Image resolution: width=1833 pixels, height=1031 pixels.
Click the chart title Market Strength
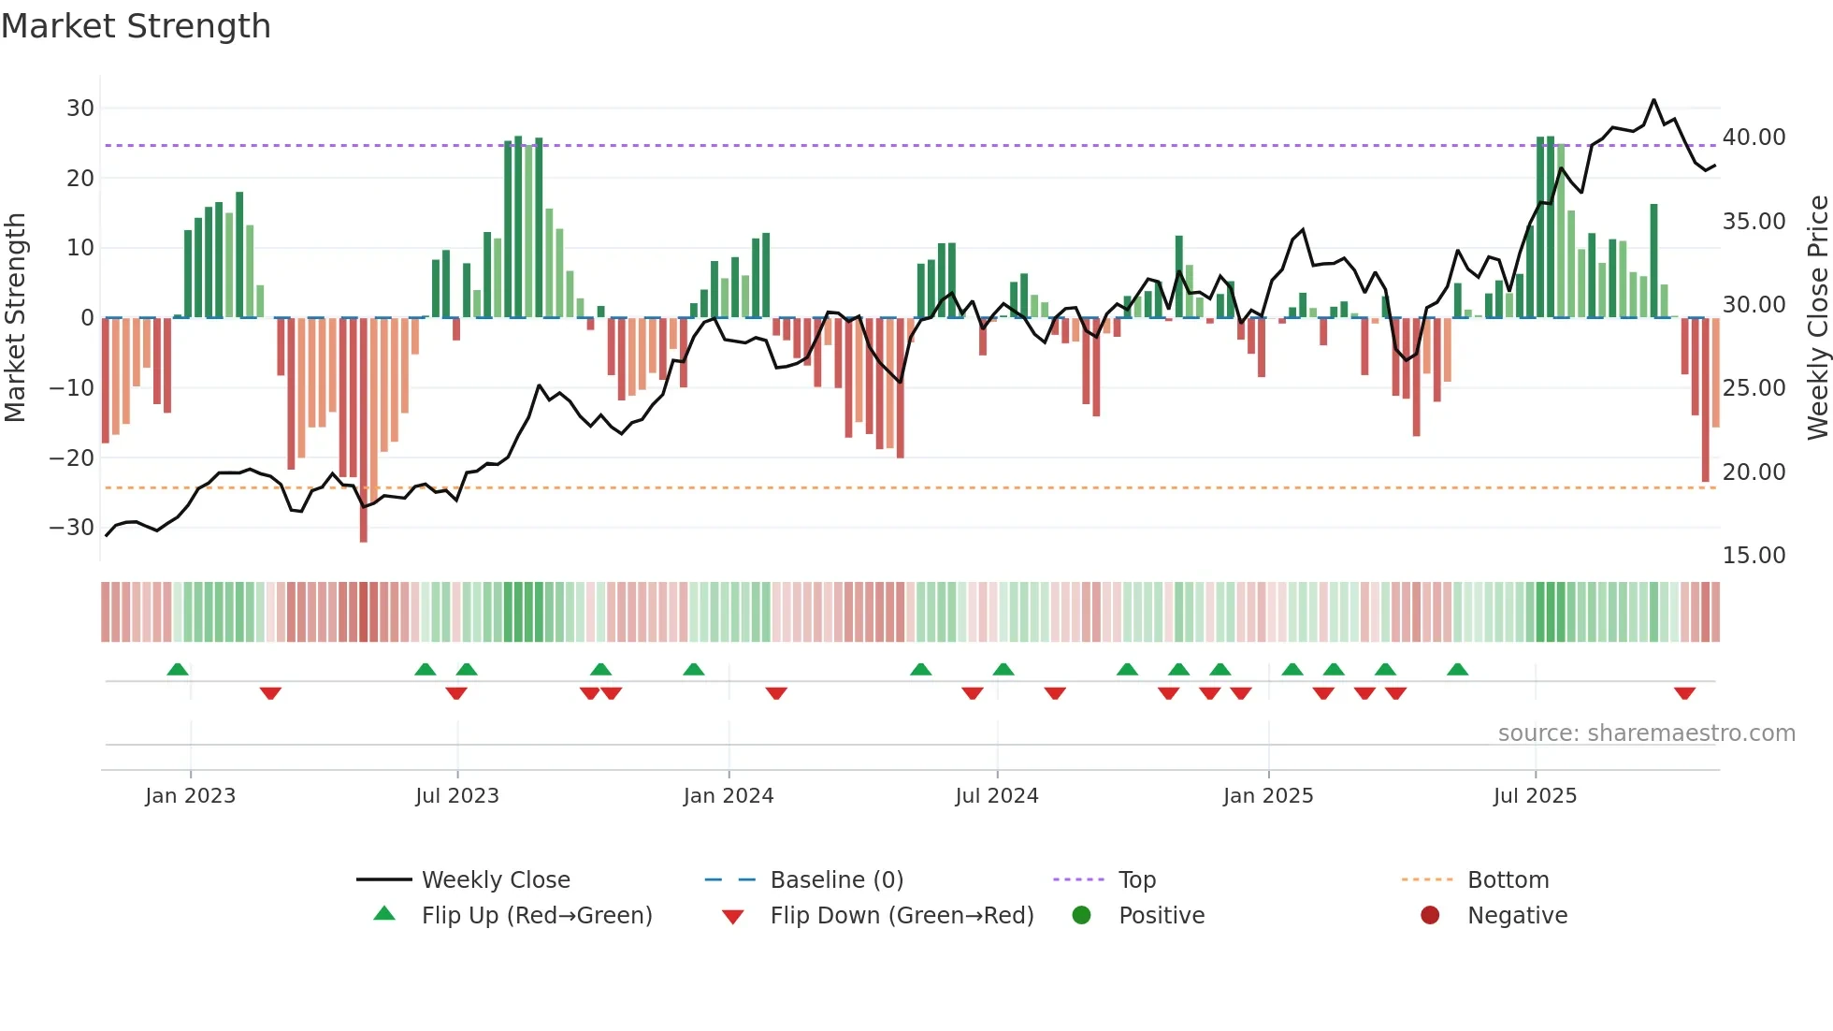click(136, 26)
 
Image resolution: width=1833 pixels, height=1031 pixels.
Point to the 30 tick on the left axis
click(80, 108)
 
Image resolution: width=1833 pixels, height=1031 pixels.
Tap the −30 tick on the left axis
click(72, 527)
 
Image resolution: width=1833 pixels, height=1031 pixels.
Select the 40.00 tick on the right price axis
click(1754, 138)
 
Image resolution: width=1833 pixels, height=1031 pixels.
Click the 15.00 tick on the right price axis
click(1754, 556)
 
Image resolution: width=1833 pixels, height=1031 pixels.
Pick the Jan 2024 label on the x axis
click(729, 796)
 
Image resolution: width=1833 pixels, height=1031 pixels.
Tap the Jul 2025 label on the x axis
click(1535, 796)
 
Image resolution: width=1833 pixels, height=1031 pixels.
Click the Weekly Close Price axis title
click(1817, 318)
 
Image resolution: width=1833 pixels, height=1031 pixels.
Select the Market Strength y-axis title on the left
click(16, 318)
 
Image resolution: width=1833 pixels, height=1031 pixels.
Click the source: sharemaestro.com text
click(1646, 733)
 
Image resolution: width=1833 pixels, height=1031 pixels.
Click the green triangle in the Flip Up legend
click(384, 914)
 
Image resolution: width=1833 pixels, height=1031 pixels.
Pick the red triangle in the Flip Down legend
click(733, 917)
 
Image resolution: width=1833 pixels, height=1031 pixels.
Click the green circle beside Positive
click(1082, 915)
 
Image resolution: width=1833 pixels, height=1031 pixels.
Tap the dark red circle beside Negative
click(1430, 915)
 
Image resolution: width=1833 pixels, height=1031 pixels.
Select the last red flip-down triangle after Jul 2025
click(1684, 693)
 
